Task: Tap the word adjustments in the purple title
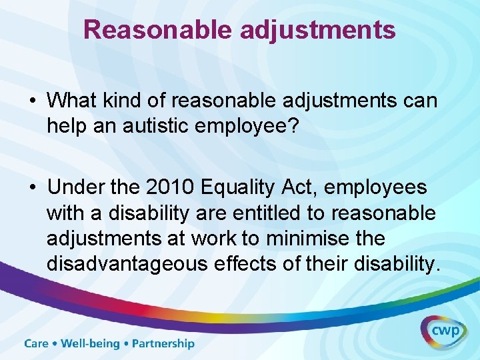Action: pyautogui.click(x=317, y=30)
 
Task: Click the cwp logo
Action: pyautogui.click(x=443, y=330)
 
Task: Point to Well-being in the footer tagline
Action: pyautogui.click(x=90, y=344)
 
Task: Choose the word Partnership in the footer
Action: pyautogui.click(x=163, y=344)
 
